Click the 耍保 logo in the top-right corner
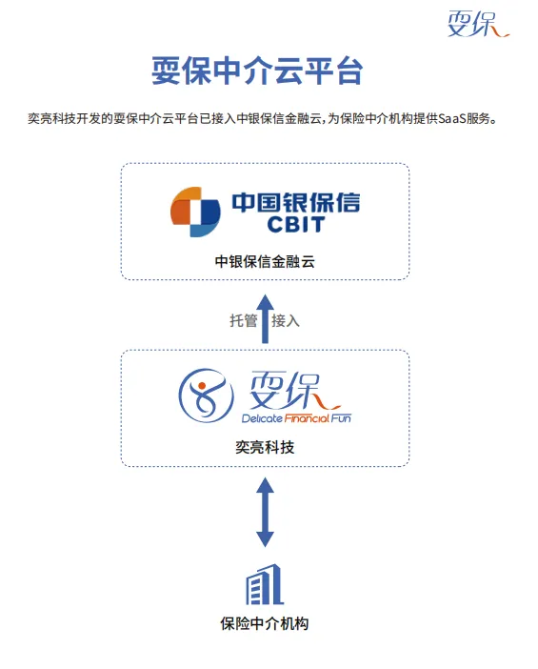pos(478,24)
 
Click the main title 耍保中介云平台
pos(257,71)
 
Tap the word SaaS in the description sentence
pos(452,118)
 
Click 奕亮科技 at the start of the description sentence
pos(51,118)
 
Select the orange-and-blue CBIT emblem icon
pos(195,212)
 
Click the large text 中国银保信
pos(296,202)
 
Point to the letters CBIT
pos(296,224)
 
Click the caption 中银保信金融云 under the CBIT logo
pos(265,261)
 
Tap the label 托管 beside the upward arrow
pos(244,320)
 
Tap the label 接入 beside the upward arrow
pos(286,320)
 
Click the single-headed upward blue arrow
pos(265,318)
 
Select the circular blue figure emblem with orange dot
pos(206,395)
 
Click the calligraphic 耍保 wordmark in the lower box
pos(294,391)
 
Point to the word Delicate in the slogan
pos(262,418)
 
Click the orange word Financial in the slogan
pos(307,418)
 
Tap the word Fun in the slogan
pos(341,418)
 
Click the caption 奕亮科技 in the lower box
pos(265,447)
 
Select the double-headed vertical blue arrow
pos(265,512)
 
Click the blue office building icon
pos(265,584)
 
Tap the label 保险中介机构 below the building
pos(265,624)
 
